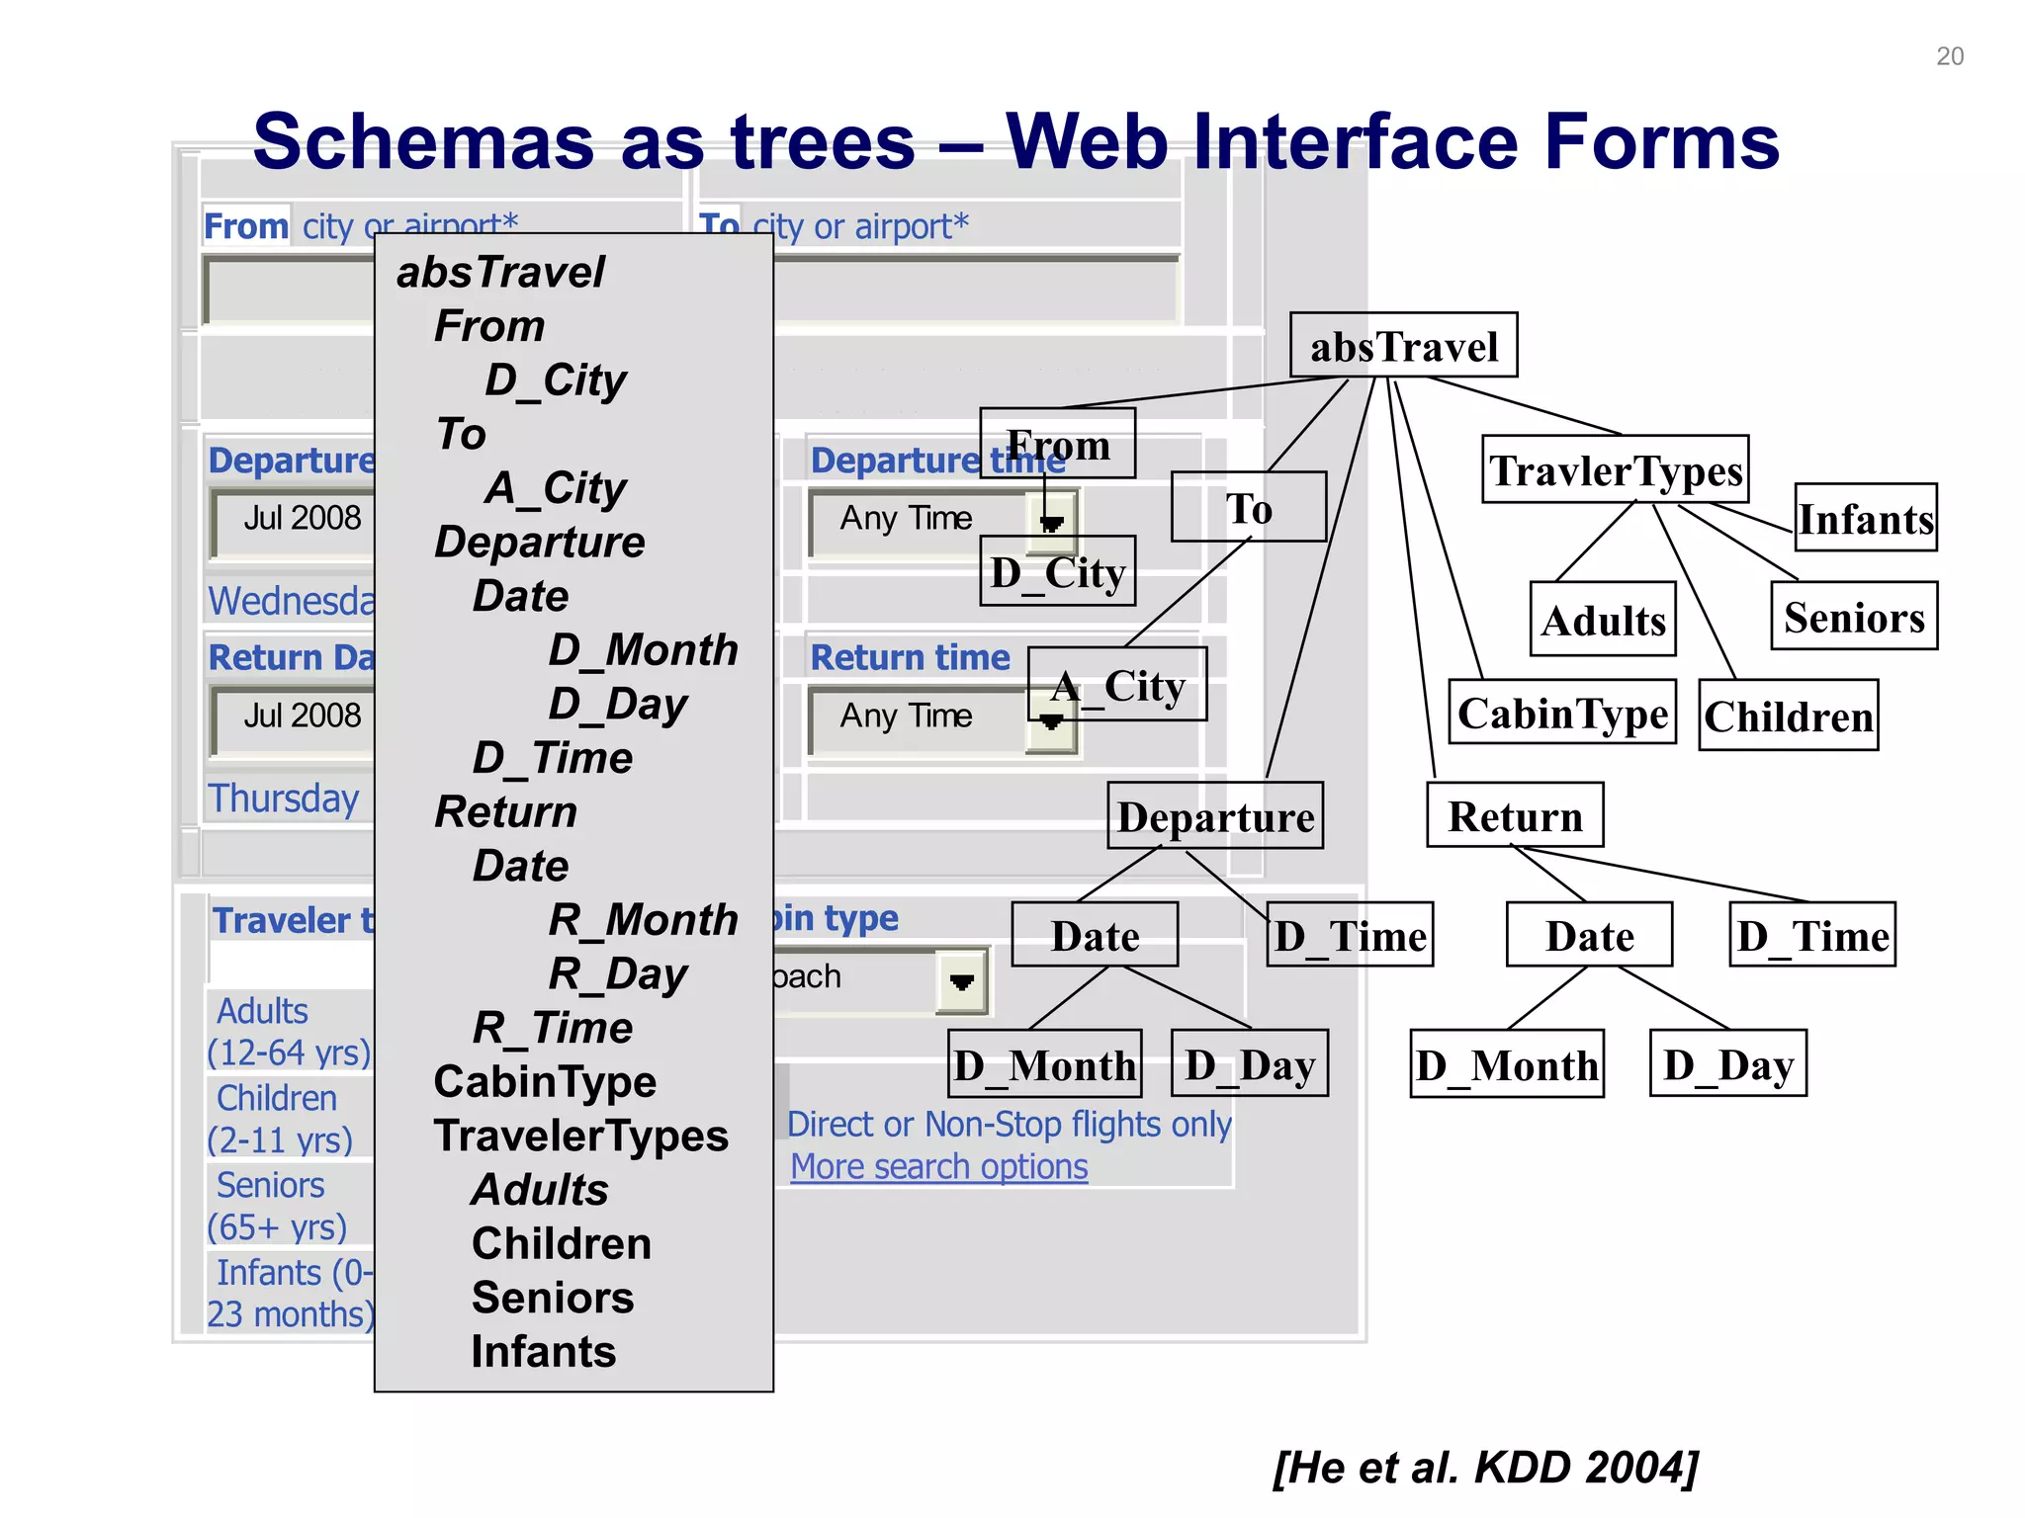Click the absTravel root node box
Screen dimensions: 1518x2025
coord(1403,346)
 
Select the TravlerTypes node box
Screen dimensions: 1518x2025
coord(1616,470)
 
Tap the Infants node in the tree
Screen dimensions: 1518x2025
coord(1865,518)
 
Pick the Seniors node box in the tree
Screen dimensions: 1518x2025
coord(1854,617)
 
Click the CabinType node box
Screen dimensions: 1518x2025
coord(1561,713)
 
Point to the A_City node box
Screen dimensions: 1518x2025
coord(1117,685)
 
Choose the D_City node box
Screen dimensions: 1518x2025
coord(1057,572)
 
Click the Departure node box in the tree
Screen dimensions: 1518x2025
coord(1215,816)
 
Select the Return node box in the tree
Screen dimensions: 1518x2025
coord(1515,816)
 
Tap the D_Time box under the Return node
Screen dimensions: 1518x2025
coord(1812,935)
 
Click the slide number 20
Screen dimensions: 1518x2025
coord(1949,56)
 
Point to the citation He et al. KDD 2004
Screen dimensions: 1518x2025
coord(1485,1467)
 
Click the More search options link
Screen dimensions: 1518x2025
coord(938,1167)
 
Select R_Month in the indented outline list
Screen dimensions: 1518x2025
coord(643,920)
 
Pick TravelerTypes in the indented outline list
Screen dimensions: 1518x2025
coord(580,1136)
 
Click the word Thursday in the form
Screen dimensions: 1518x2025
coord(284,799)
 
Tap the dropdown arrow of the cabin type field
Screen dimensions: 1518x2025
coord(961,981)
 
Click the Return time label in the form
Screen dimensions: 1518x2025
coord(910,658)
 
